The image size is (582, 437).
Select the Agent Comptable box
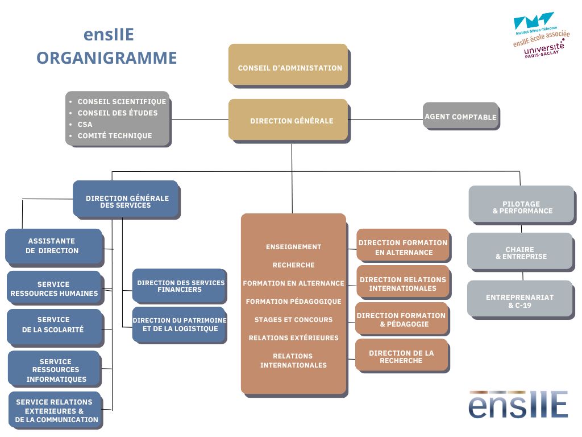pos(461,116)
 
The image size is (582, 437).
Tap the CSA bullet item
pos(85,124)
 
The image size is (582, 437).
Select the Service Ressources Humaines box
pos(55,288)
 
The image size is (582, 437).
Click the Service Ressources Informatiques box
pos(55,369)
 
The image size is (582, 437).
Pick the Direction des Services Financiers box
pos(180,286)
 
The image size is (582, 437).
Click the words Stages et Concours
pos(294,320)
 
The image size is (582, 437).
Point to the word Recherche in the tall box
pos(294,265)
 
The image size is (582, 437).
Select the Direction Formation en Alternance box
pos(404,246)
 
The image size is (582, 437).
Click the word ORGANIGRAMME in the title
pos(106,58)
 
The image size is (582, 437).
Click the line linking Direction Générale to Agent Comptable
pos(386,119)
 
